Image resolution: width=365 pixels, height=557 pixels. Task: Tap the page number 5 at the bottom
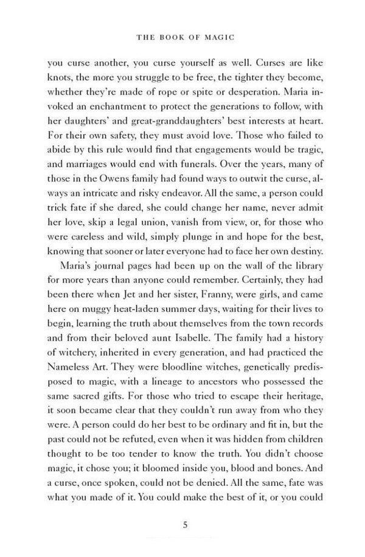click(182, 524)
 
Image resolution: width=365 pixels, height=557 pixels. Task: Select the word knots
click(58, 79)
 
